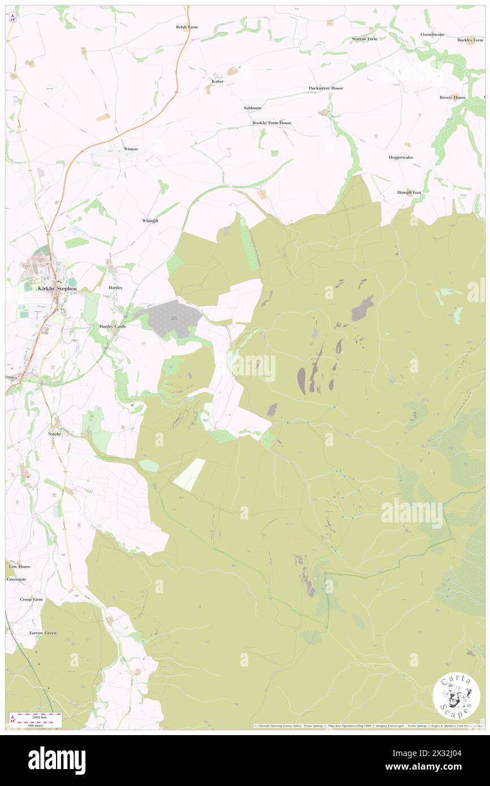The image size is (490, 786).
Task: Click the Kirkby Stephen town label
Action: point(57,288)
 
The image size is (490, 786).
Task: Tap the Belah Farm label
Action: point(186,27)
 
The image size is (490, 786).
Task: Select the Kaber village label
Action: point(217,81)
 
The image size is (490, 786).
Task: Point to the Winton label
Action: point(131,149)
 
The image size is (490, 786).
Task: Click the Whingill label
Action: point(150,221)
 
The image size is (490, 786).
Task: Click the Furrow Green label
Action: point(43,633)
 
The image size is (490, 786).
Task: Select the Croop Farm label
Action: point(31,599)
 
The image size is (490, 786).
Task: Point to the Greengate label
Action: point(16,580)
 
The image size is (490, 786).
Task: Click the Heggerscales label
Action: point(400,157)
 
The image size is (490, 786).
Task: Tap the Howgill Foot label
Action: point(409,192)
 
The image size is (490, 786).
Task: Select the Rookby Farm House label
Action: point(272,123)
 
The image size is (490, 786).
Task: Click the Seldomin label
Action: point(252,107)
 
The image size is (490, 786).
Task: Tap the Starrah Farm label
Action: point(364,39)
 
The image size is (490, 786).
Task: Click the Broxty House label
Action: point(452,97)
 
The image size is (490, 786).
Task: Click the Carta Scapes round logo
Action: point(456,697)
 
